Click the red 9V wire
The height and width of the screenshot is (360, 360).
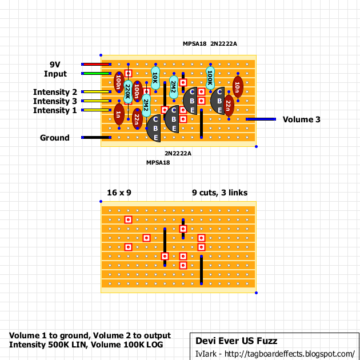tap(96, 64)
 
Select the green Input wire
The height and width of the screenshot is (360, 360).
tap(96, 74)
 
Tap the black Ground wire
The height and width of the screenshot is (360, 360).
tap(96, 138)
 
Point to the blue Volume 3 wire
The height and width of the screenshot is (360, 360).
tap(261, 119)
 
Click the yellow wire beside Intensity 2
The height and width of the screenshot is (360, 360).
tap(96, 92)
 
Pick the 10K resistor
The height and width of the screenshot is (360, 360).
tap(155, 78)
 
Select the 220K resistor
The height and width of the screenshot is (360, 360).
tap(128, 91)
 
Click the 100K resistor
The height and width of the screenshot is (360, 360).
tap(210, 78)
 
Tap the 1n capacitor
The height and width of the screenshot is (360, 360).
tap(119, 114)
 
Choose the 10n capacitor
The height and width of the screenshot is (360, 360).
tap(238, 87)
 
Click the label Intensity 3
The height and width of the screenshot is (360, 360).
tap(55, 101)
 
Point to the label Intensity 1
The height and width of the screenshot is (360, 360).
tap(55, 110)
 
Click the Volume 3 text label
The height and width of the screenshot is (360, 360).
tap(302, 119)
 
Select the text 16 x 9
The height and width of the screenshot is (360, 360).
tap(119, 193)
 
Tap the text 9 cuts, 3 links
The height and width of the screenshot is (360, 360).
tap(220, 193)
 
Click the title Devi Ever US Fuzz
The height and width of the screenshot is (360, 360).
tap(236, 341)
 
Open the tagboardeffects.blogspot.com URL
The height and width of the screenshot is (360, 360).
tap(290, 354)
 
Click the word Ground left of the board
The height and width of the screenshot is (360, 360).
tap(55, 138)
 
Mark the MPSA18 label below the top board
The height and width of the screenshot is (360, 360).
tap(158, 162)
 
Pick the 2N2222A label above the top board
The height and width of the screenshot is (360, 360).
tap(223, 43)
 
